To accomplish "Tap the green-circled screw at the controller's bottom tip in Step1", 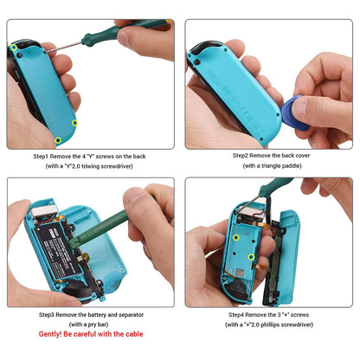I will tap(58, 139).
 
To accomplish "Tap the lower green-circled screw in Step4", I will tap(252, 257).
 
